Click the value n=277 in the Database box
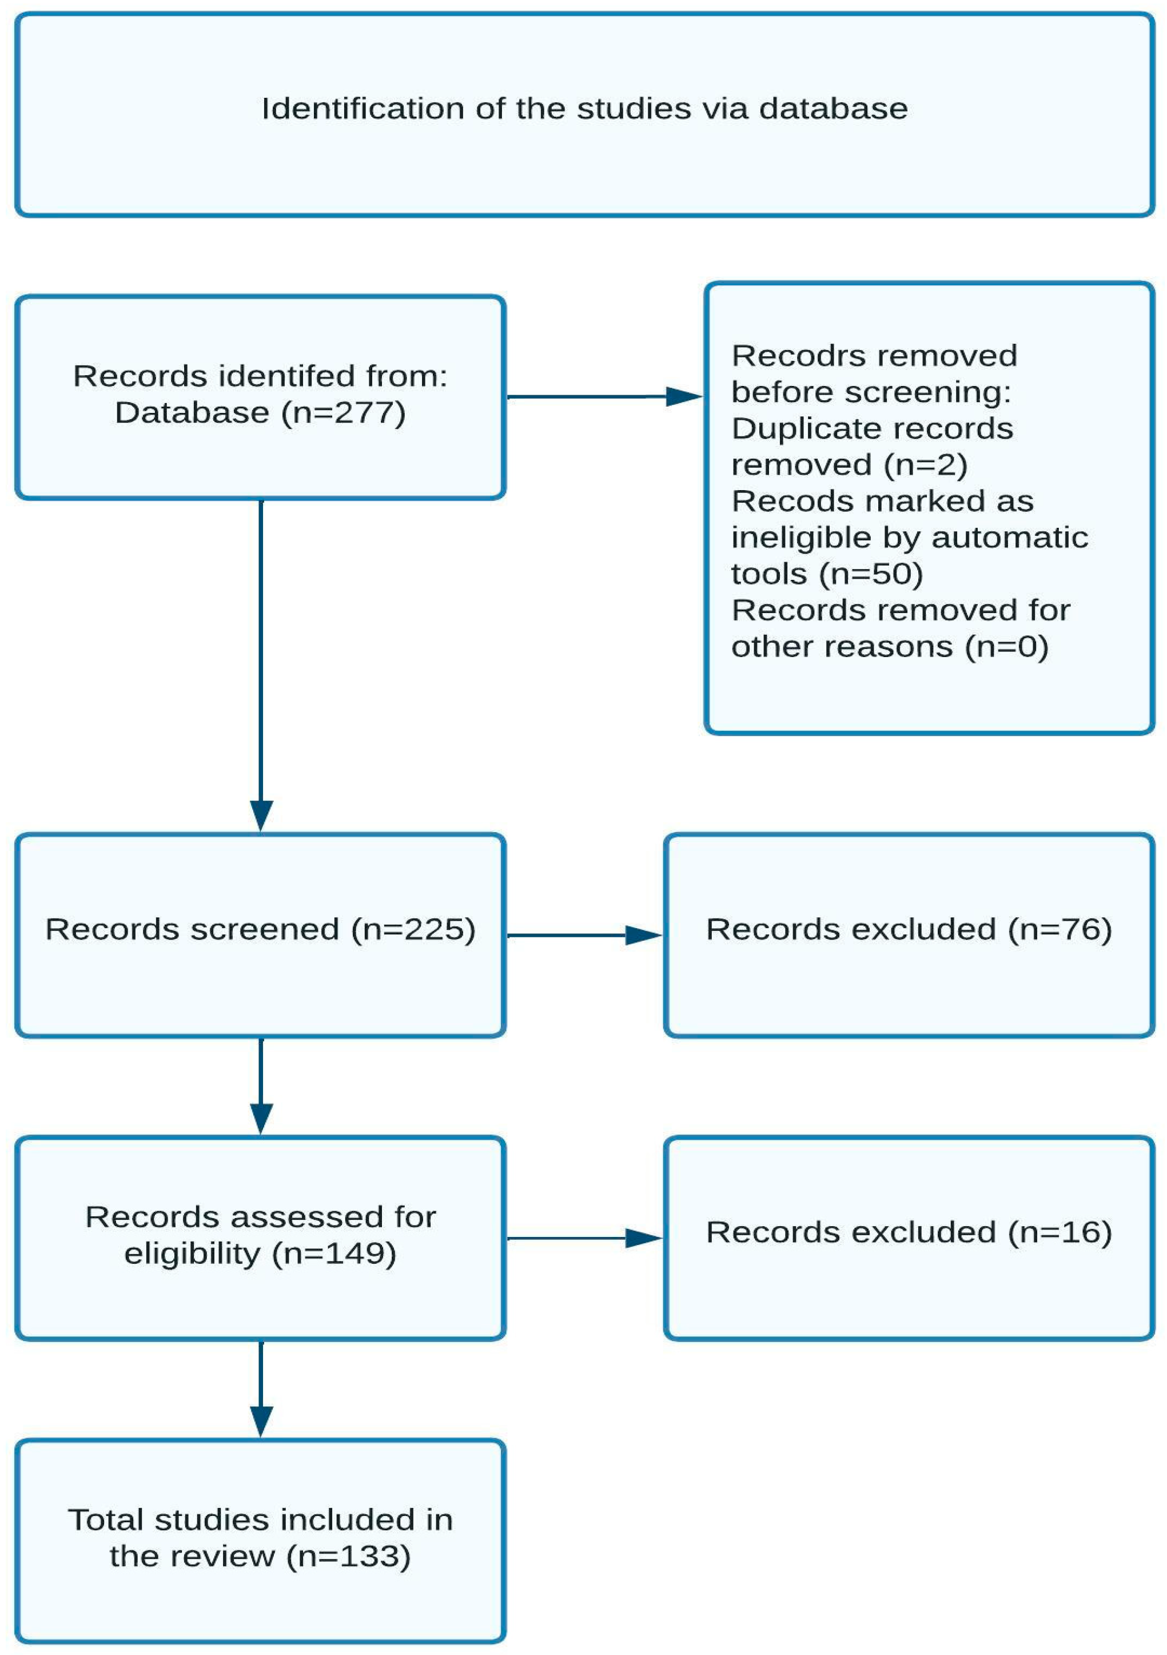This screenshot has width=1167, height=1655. pos(344,413)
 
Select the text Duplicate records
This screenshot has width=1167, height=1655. pos(871,429)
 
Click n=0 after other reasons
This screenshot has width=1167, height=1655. pos(1006,647)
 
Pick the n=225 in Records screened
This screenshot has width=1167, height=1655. pos(413,929)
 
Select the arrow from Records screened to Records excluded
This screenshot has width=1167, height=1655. pos(584,935)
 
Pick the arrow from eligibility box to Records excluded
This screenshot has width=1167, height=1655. pos(584,1238)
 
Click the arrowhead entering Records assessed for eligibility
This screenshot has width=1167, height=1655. pos(261,1118)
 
